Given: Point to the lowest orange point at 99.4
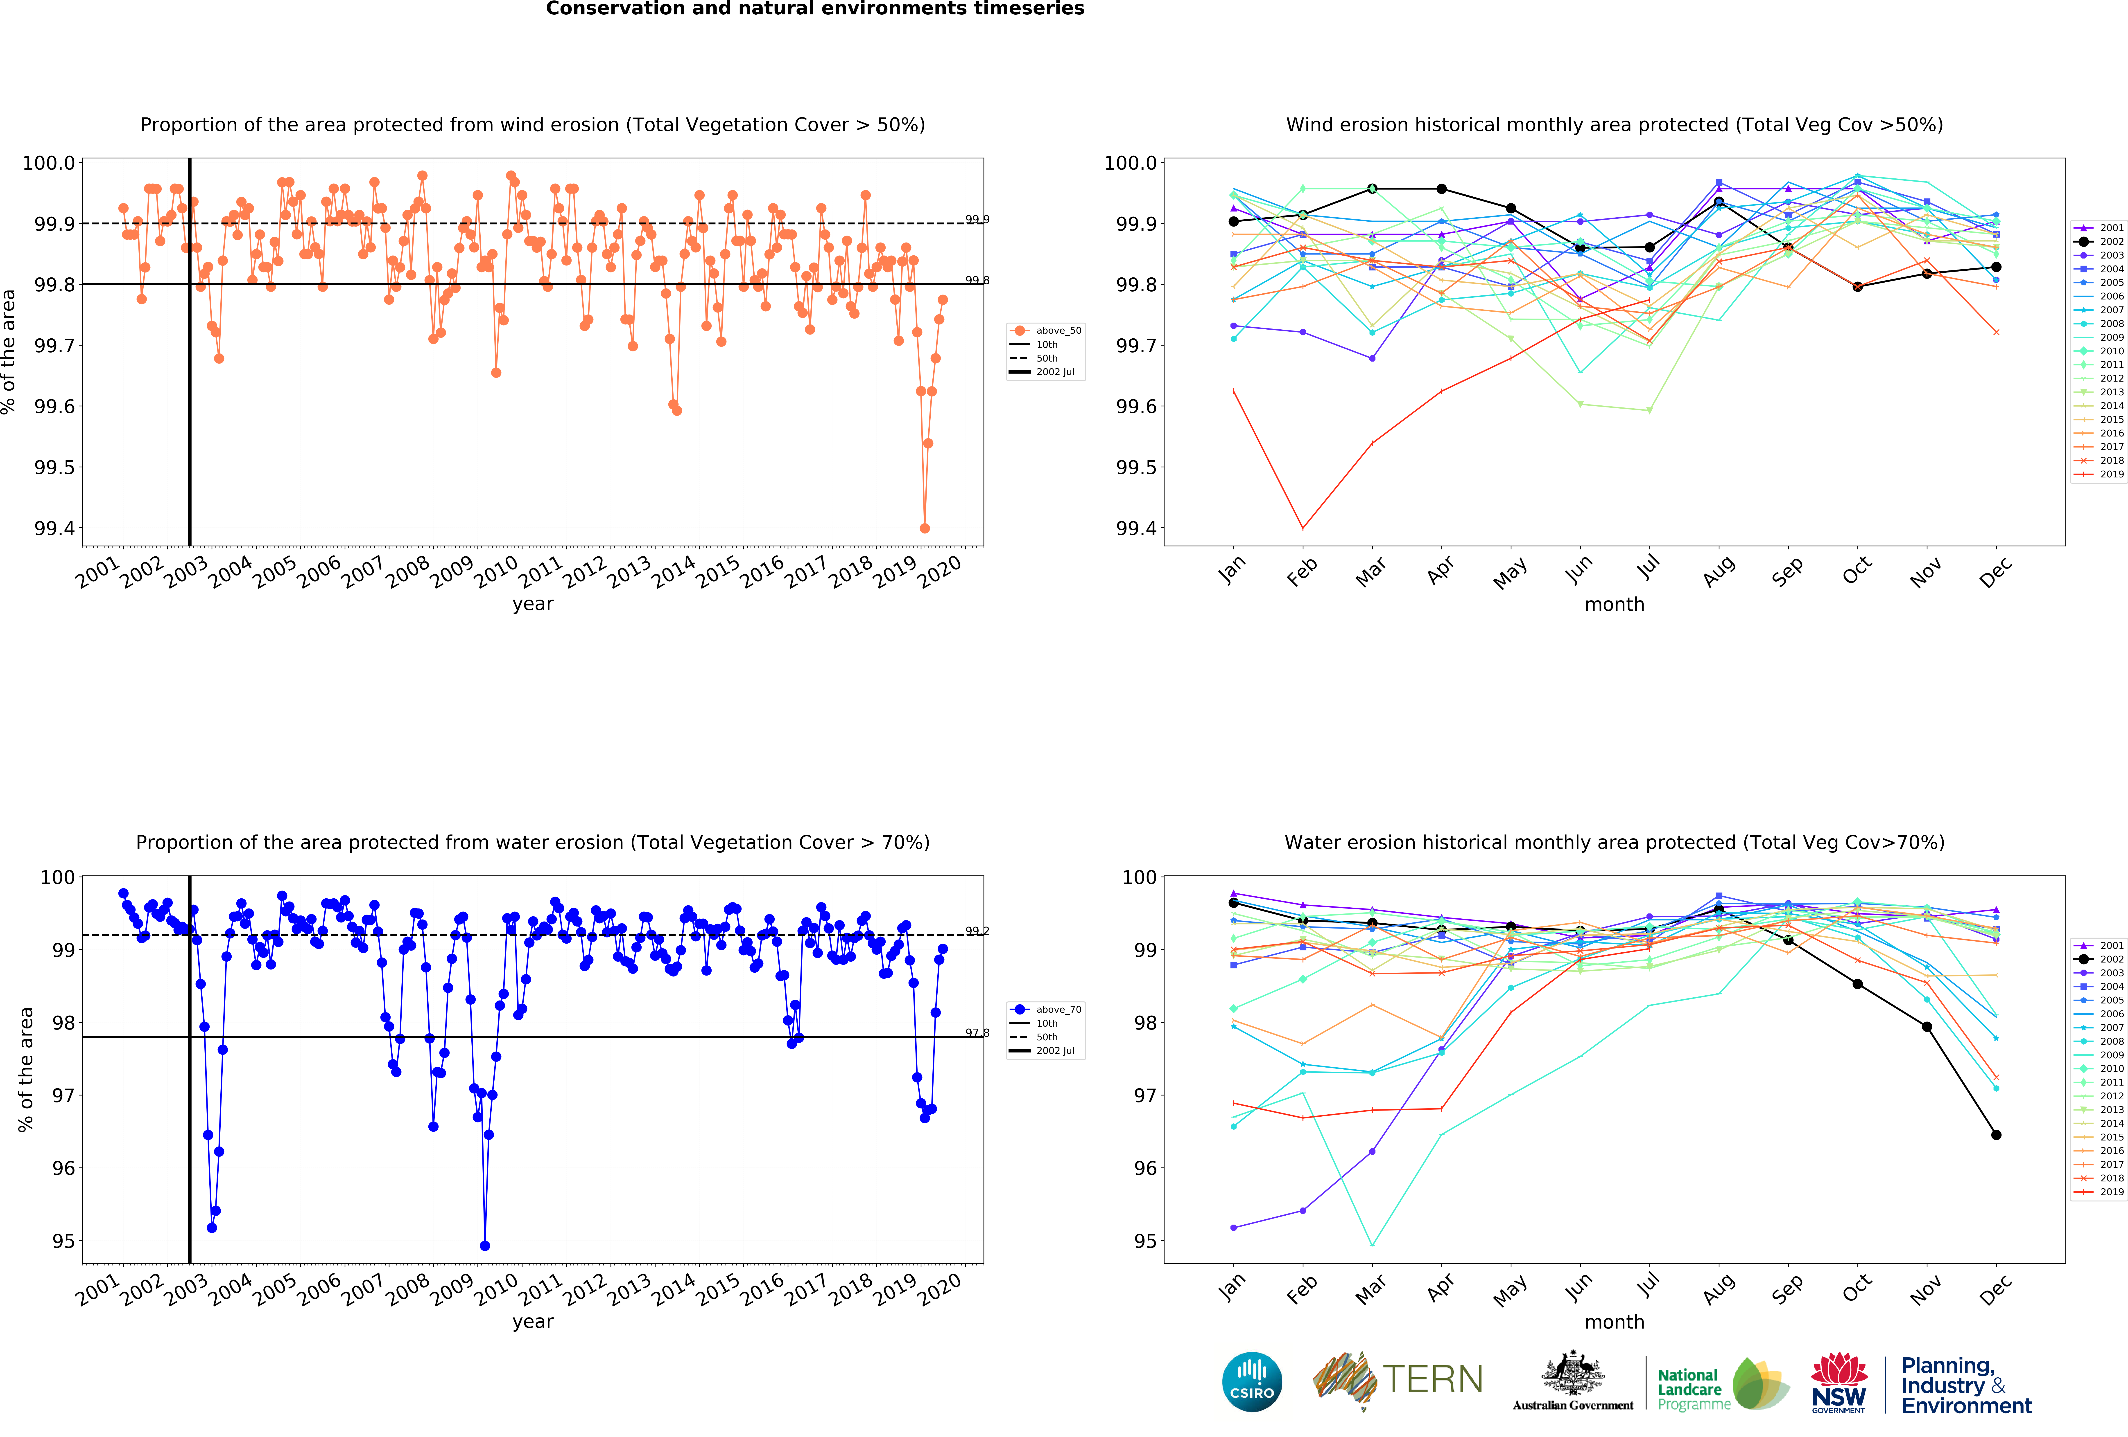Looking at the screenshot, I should click(x=924, y=528).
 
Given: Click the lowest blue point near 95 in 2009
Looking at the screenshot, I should click(x=484, y=1246).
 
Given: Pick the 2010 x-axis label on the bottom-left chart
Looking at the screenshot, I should click(x=497, y=1287).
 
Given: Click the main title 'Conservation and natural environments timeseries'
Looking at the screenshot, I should click(x=815, y=9).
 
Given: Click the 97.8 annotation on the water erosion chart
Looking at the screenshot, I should click(x=977, y=1032).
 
